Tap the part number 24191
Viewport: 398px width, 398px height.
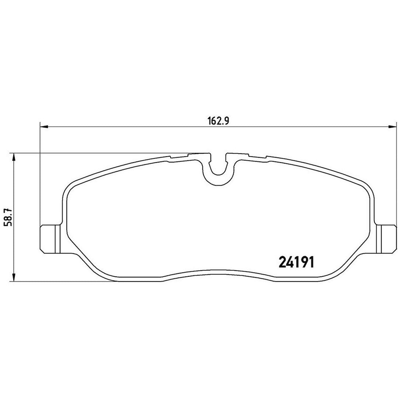[x=296, y=262]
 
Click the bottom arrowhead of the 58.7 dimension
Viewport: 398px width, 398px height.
[x=14, y=277]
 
